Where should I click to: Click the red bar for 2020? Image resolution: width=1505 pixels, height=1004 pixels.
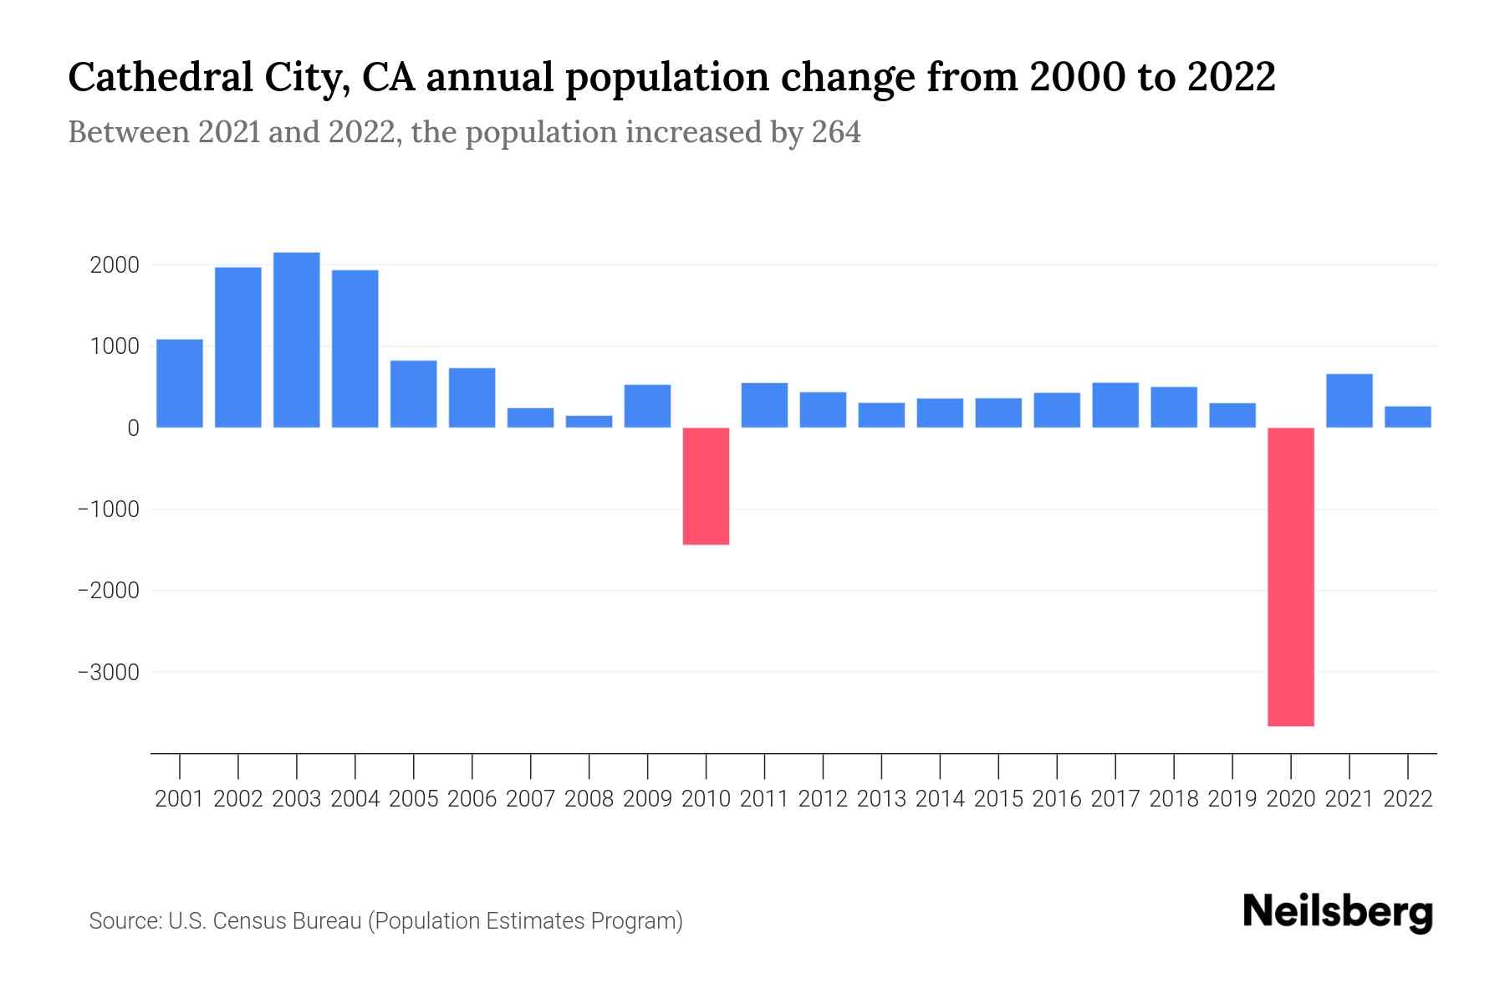pos(1291,576)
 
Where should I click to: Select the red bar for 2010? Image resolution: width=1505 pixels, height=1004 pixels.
pos(706,486)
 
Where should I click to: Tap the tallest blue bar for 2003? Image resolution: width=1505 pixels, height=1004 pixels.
pos(297,340)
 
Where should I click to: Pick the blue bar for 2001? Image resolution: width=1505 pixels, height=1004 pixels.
pos(180,383)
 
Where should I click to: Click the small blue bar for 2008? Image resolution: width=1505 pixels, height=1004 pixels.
pos(589,422)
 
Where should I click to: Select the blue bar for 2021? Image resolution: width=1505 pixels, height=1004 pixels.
pos(1349,401)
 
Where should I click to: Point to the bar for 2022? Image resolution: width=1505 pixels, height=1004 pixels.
pos(1408,417)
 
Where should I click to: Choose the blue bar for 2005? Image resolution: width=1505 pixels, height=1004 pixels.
pos(414,394)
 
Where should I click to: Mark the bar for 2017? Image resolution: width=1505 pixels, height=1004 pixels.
pos(1115,405)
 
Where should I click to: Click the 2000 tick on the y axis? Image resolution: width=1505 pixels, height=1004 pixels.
pos(115,265)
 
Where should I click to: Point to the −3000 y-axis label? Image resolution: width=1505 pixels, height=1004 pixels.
pos(108,672)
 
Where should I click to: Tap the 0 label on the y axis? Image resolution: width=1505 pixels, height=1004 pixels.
pos(133,428)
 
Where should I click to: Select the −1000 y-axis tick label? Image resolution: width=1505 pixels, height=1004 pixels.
pos(108,510)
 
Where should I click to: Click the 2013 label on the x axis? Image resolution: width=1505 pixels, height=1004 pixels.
pos(881,799)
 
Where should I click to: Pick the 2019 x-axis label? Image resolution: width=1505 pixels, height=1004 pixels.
pos(1232,799)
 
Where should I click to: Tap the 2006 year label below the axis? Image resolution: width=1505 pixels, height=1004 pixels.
pos(472,799)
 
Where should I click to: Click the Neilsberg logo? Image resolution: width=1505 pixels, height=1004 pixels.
pos(1338,912)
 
